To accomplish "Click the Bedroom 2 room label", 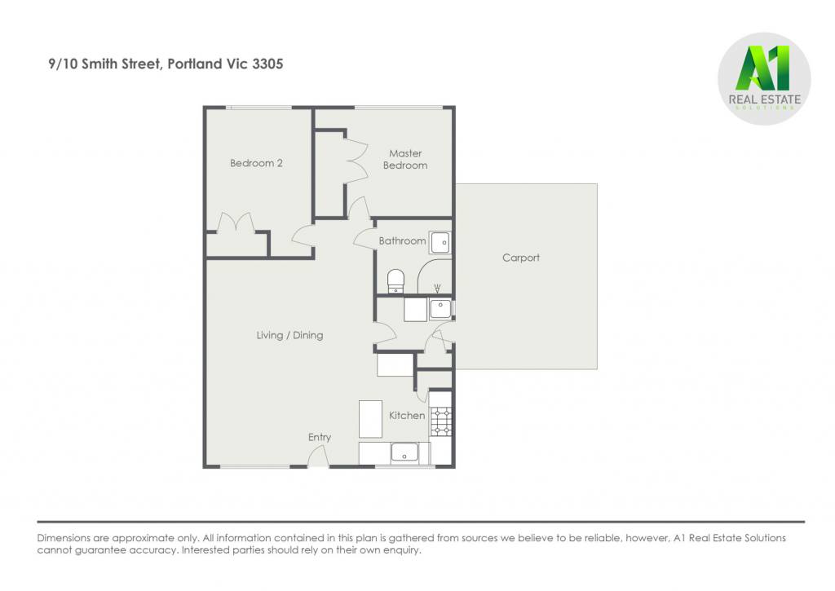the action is point(256,163).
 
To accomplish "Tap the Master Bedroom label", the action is point(405,159).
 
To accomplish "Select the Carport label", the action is point(521,258).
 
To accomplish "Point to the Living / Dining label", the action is point(289,335).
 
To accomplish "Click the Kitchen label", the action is point(407,415).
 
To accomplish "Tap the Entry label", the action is point(320,437).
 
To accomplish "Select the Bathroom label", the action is point(402,240).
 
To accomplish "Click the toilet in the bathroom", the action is point(395,281).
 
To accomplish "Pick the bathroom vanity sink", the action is point(440,243).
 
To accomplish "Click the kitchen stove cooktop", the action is point(441,421).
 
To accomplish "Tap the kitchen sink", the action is point(404,452).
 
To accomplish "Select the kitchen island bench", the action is point(370,419).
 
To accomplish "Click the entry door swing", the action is point(318,456).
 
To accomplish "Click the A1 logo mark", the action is point(762,68).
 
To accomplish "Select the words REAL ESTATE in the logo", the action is point(765,99).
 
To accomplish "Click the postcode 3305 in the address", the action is point(267,64).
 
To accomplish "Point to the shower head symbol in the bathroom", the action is point(438,288).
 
